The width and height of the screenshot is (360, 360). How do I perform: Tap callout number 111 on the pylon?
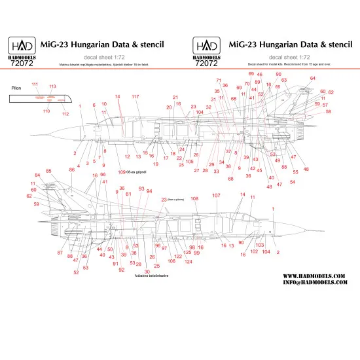(x=35, y=84)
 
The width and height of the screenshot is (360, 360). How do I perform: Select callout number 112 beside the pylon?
(x=65, y=114)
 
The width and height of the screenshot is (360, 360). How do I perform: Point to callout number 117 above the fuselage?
(x=135, y=97)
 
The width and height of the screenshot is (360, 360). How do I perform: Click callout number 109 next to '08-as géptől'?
(x=122, y=172)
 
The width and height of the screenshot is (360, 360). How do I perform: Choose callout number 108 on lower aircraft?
(x=194, y=198)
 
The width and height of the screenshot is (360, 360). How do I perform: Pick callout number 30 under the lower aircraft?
(x=147, y=271)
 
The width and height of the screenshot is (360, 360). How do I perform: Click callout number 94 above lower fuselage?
(x=149, y=191)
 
